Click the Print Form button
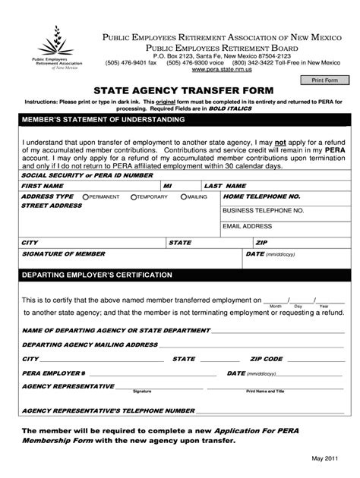324,80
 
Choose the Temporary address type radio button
134,196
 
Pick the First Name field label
43,185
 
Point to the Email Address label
248,225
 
